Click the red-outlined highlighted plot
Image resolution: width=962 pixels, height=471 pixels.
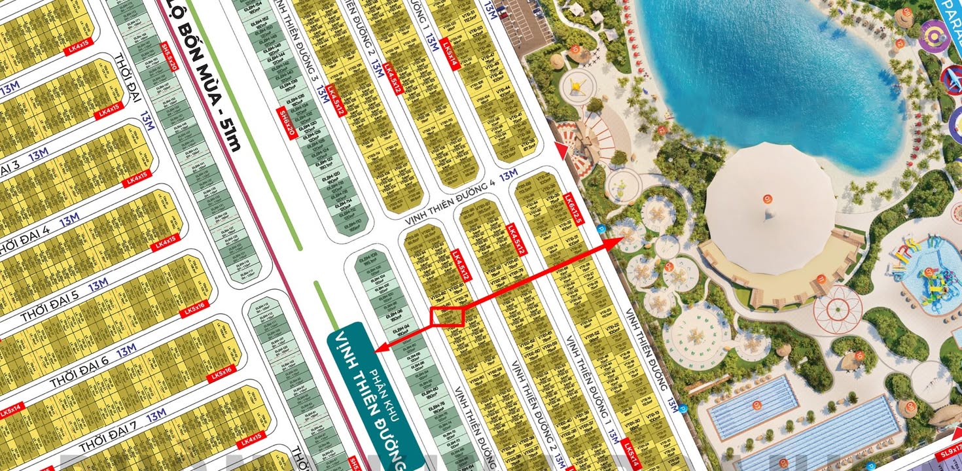(x=447, y=317)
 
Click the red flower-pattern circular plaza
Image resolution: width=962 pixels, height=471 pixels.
(x=838, y=308)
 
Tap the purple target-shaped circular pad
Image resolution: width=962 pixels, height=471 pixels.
(x=934, y=36)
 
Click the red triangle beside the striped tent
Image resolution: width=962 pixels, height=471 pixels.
(x=559, y=150)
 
